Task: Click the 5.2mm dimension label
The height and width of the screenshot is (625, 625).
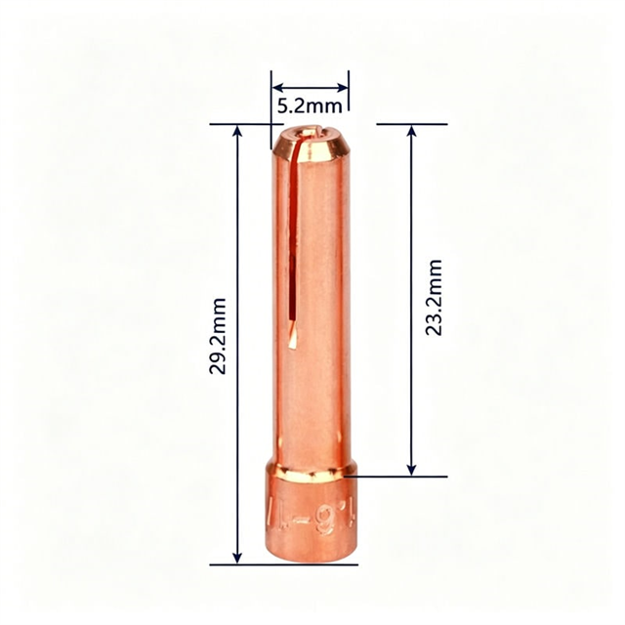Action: [309, 104]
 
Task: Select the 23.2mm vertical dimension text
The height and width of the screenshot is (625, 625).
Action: [433, 298]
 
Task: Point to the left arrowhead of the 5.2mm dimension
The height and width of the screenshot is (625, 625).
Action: [276, 85]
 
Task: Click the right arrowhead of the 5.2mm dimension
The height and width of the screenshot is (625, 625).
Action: [343, 85]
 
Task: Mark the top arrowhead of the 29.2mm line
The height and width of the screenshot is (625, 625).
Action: [237, 133]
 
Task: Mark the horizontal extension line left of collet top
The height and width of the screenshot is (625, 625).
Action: [240, 124]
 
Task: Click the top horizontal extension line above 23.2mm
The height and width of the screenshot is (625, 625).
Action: [410, 124]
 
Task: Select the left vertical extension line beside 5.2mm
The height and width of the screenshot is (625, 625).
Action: [271, 98]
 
